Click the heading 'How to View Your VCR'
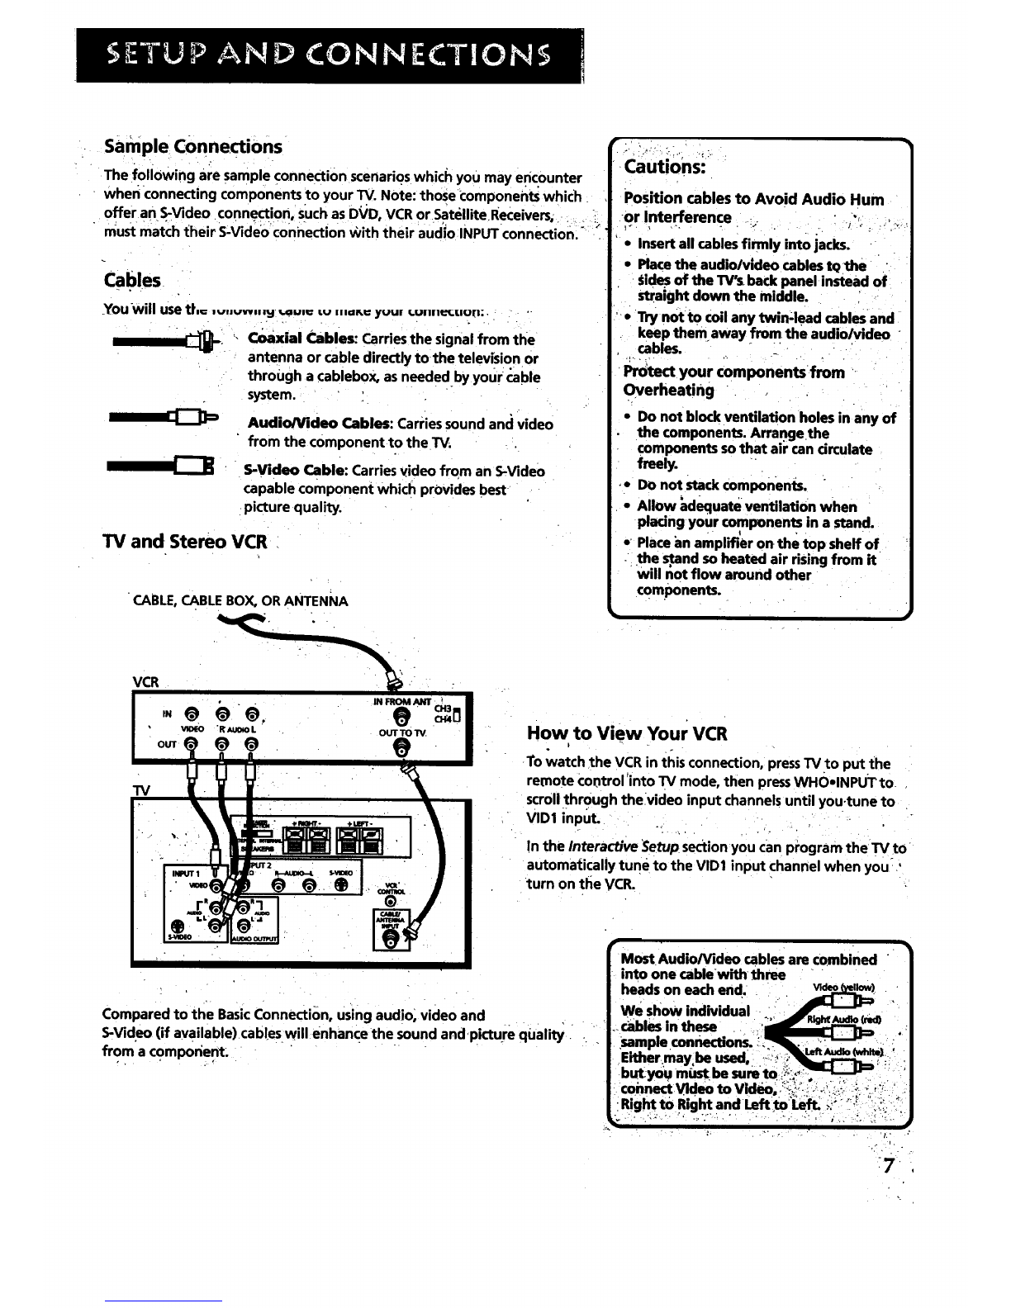coord(627,734)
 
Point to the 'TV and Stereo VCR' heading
coord(185,542)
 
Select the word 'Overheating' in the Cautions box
coord(668,390)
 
